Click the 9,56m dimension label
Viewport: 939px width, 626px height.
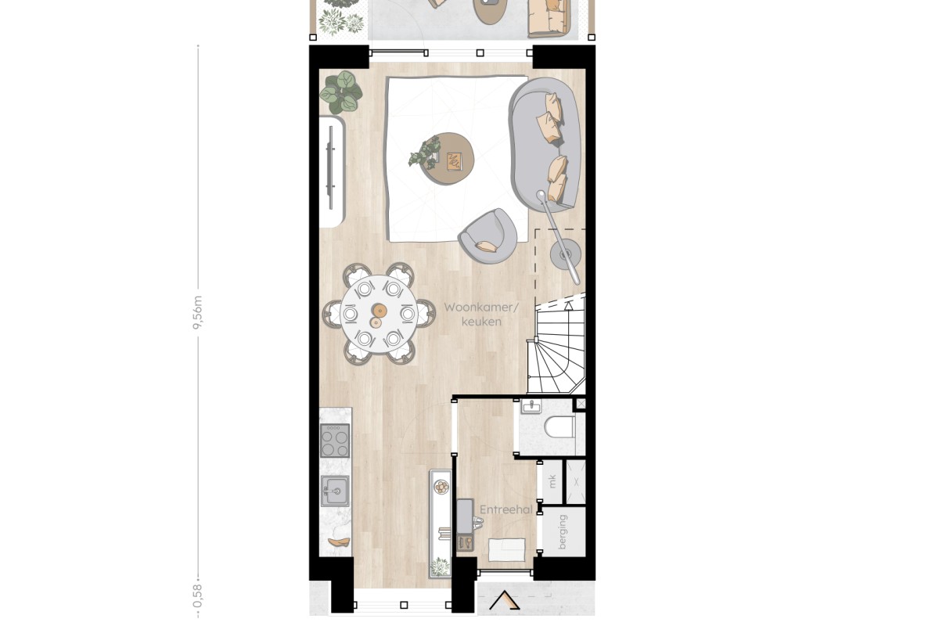(x=198, y=313)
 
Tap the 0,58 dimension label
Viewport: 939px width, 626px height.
(x=197, y=595)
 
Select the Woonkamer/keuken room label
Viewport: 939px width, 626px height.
(x=481, y=315)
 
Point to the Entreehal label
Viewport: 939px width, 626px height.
(x=506, y=510)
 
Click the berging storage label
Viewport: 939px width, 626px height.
(x=562, y=532)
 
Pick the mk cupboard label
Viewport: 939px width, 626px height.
(x=552, y=481)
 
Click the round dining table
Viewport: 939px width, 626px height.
(x=379, y=314)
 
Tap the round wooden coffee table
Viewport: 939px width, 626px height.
(x=448, y=159)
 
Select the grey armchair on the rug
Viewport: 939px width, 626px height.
(x=487, y=237)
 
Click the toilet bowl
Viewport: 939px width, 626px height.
(x=559, y=426)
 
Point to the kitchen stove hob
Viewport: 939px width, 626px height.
(x=335, y=441)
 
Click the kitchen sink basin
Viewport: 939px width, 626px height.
(x=335, y=491)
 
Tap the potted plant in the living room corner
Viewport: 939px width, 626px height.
(x=342, y=92)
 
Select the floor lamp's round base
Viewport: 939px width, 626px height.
(x=566, y=254)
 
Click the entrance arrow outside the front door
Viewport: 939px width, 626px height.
(x=505, y=600)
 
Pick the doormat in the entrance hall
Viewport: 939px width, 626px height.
(x=507, y=549)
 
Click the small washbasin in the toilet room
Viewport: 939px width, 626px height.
(x=531, y=406)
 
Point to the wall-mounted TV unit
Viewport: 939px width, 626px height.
(x=333, y=171)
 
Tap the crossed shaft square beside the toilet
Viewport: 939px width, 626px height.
(x=581, y=404)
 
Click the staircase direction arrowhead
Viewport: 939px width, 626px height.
(x=568, y=306)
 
